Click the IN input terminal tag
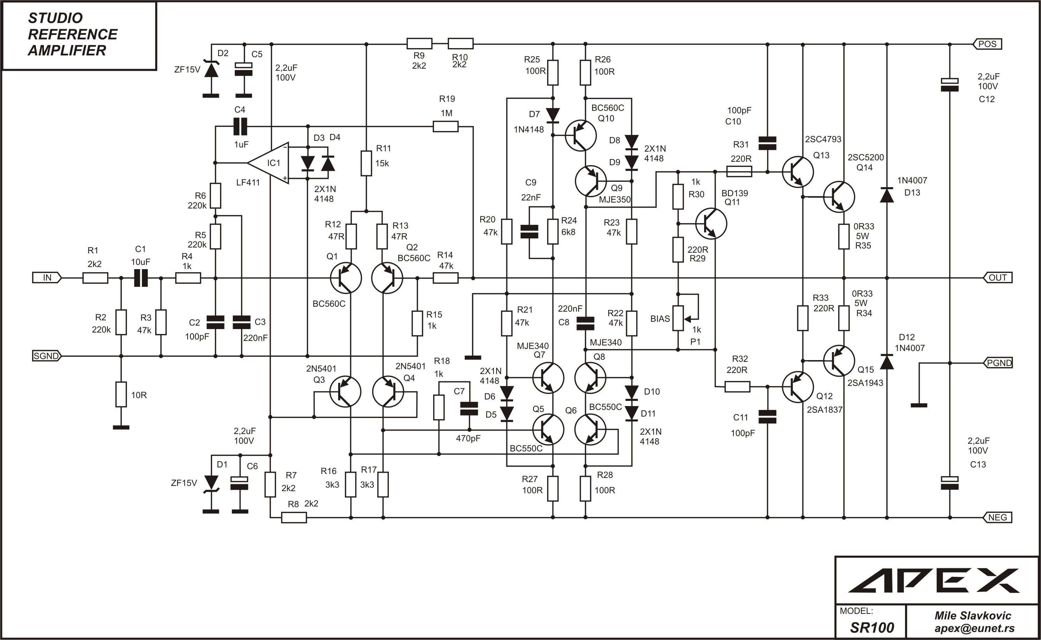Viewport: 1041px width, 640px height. (47, 278)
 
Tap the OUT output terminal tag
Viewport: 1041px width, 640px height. (997, 278)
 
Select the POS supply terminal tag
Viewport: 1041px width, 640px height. (987, 44)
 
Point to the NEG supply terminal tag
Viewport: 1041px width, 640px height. (997, 517)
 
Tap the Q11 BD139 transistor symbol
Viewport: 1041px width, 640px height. (711, 223)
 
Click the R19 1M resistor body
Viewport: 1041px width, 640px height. (445, 126)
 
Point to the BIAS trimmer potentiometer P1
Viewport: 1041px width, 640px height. (678, 318)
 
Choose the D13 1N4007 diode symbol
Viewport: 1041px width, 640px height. (887, 195)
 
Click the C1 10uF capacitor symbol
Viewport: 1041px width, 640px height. (141, 278)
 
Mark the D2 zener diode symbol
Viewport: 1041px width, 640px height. (211, 70)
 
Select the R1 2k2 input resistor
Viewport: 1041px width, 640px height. (95, 278)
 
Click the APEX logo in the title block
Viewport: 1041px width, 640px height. (934, 581)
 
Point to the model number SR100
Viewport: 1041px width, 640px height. (872, 627)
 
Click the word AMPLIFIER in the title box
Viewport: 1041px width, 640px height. (67, 50)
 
